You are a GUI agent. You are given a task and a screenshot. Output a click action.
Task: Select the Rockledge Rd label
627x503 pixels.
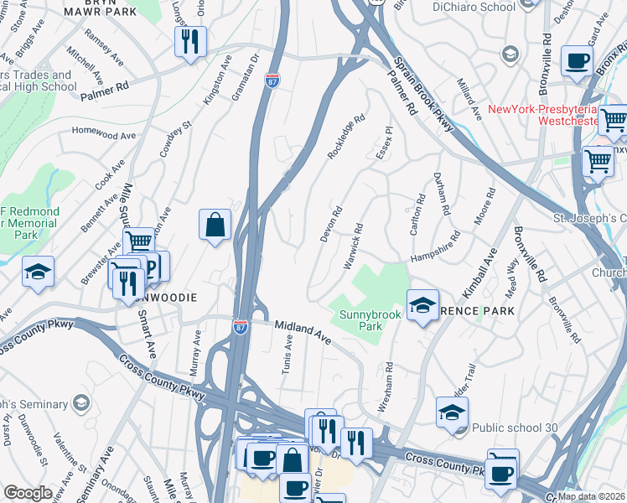[347, 138]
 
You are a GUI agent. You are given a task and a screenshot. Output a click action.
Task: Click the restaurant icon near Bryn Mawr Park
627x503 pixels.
[190, 40]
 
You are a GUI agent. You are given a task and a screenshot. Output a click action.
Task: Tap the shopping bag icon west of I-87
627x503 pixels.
[215, 224]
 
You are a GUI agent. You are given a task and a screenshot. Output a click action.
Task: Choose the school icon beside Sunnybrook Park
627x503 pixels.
[423, 304]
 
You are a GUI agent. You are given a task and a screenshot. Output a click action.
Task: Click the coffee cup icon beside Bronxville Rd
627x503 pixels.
[577, 60]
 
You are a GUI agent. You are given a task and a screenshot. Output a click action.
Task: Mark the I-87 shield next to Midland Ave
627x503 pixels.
[241, 324]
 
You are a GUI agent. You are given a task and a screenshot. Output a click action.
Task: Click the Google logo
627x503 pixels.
[28, 493]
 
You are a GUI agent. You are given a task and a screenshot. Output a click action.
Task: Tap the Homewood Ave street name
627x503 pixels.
[103, 133]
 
